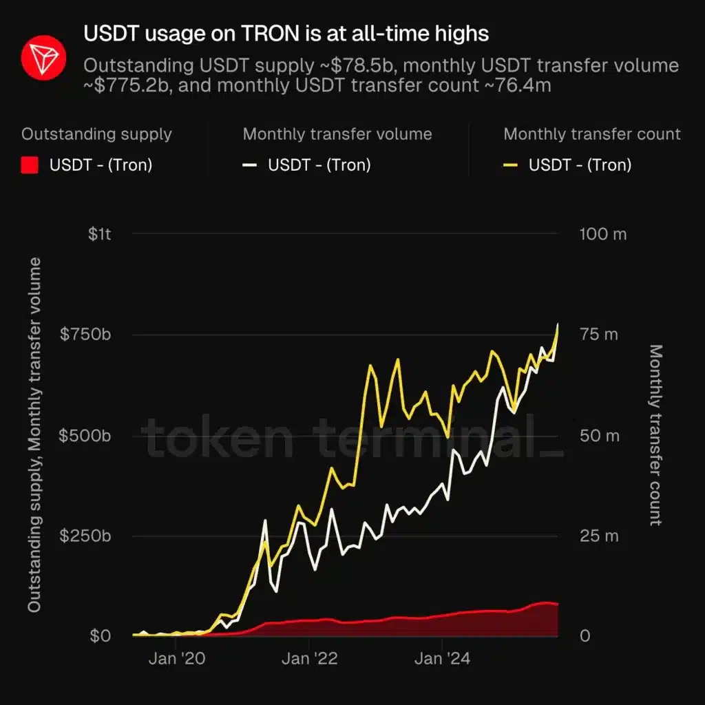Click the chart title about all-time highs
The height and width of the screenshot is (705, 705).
click(286, 33)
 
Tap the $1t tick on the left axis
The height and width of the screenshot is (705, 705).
click(100, 234)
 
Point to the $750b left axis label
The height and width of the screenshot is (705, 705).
click(86, 335)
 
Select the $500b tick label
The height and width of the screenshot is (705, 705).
click(86, 436)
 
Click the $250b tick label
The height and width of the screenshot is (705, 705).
click(86, 536)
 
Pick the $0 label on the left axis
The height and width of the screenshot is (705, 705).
click(100, 635)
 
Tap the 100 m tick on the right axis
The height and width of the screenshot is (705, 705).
click(602, 234)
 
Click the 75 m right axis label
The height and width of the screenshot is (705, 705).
click(598, 335)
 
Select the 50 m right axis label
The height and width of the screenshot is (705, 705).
click(598, 436)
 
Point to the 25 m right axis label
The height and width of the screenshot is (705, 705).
click(598, 536)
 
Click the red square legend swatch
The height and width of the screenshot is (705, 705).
click(30, 165)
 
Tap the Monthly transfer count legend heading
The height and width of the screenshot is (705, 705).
click(591, 134)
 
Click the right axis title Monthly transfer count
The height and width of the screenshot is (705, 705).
click(655, 435)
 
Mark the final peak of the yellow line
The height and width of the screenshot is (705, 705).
click(558, 326)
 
